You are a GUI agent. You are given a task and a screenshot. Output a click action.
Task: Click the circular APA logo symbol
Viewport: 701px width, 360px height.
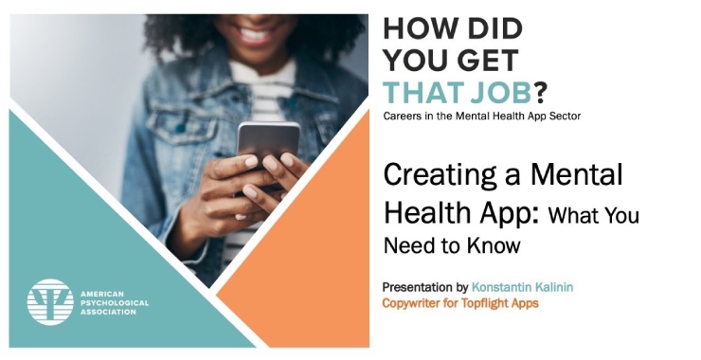click(x=50, y=302)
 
